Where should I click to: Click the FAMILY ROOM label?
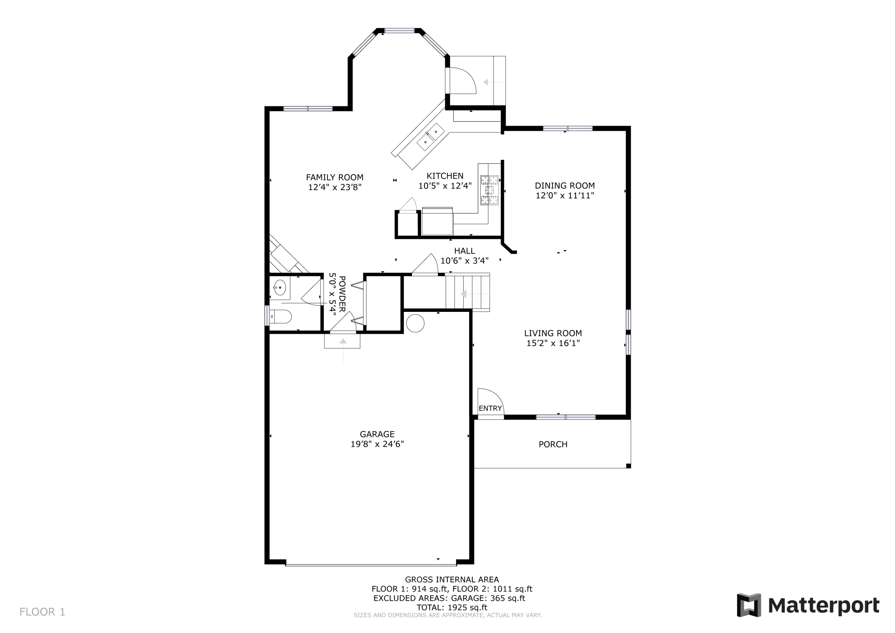pos(334,178)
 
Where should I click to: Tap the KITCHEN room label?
pos(445,176)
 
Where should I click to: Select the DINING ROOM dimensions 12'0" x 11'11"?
pos(564,195)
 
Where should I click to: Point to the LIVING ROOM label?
pos(553,333)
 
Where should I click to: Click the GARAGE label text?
pos(377,434)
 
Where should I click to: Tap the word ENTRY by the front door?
pos(490,408)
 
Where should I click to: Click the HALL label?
pos(464,251)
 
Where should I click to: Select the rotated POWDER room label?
pos(342,294)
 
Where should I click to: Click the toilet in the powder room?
pos(280,316)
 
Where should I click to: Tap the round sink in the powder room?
pos(280,288)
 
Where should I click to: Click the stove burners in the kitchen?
pos(489,190)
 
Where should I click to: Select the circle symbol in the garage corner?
pos(415,323)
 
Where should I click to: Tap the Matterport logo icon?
pos(749,605)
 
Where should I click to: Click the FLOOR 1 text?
pos(42,612)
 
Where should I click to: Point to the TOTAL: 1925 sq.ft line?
pos(452,607)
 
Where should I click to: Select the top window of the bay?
pos(399,30)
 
